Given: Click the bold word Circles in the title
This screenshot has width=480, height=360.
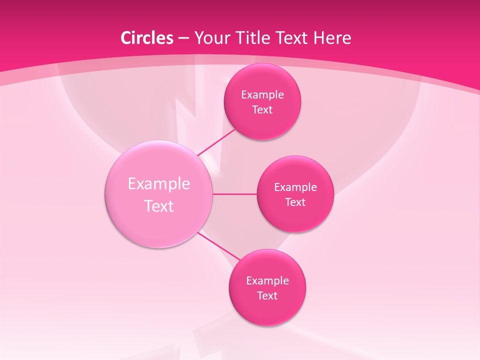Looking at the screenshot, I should (146, 38).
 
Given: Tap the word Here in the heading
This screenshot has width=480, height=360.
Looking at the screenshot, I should (334, 38).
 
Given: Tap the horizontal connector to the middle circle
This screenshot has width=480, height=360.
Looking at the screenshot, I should (234, 194).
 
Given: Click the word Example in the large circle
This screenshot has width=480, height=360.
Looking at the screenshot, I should (159, 183).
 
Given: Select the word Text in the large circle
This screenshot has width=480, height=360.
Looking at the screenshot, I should (159, 206).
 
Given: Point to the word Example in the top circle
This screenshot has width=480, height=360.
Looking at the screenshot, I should (262, 94).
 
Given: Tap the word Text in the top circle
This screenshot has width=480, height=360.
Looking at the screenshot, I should (262, 109).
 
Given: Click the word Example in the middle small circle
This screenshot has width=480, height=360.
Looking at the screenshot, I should (295, 187).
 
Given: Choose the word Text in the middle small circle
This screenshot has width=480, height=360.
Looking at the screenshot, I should (295, 202).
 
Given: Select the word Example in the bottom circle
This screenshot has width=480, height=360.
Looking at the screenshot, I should (267, 280).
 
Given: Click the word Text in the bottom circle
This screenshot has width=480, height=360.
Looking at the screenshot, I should (267, 295).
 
